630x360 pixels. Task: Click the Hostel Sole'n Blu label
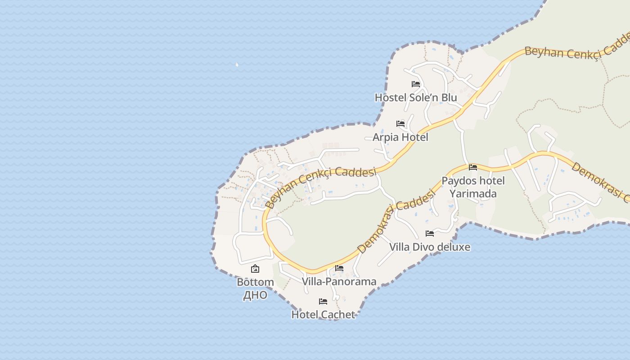click(416, 98)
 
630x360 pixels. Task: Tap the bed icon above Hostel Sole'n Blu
click(416, 84)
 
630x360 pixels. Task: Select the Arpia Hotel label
click(400, 137)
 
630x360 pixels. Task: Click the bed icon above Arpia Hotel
click(400, 123)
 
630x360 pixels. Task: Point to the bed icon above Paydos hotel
click(473, 167)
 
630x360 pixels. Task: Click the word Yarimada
click(473, 193)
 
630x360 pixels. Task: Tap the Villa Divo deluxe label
click(430, 247)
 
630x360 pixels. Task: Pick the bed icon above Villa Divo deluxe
click(430, 234)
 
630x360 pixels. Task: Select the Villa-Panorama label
click(339, 282)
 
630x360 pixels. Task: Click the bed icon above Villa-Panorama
click(339, 268)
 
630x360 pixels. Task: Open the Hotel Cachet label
click(323, 315)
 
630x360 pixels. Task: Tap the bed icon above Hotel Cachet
click(323, 301)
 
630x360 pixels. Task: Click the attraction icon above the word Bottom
click(255, 269)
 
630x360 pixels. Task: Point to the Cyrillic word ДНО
click(255, 295)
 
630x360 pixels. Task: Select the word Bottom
click(255, 282)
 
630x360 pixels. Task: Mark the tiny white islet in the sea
click(237, 65)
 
